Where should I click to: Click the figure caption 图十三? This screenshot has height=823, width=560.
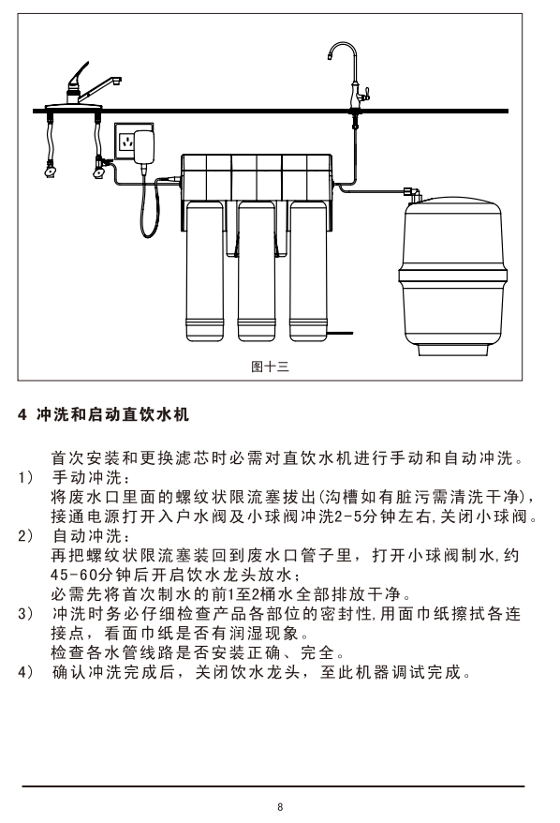pos(270,367)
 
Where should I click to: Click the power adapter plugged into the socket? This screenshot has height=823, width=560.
pos(144,146)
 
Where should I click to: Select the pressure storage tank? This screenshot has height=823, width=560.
pos(452,277)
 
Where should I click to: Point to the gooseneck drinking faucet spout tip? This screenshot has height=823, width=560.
pos(331,56)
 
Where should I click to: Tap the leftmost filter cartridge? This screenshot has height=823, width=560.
pos(204,271)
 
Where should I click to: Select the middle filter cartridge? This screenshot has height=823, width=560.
pos(257,271)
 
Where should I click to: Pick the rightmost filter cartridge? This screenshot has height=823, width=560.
pos(308,271)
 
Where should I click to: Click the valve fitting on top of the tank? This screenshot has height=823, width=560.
pos(413,194)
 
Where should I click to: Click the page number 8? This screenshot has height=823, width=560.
pos(280,807)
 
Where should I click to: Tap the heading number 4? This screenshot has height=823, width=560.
pos(22,414)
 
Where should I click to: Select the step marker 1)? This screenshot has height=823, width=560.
pos(25,478)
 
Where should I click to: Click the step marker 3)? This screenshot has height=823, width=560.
pos(25,614)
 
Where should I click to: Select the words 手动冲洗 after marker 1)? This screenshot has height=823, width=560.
pos(87,478)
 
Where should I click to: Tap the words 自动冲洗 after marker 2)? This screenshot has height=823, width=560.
pos(87,536)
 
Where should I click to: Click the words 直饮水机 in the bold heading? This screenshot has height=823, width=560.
pos(155,414)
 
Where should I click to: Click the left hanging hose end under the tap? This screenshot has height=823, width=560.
pos(51,170)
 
